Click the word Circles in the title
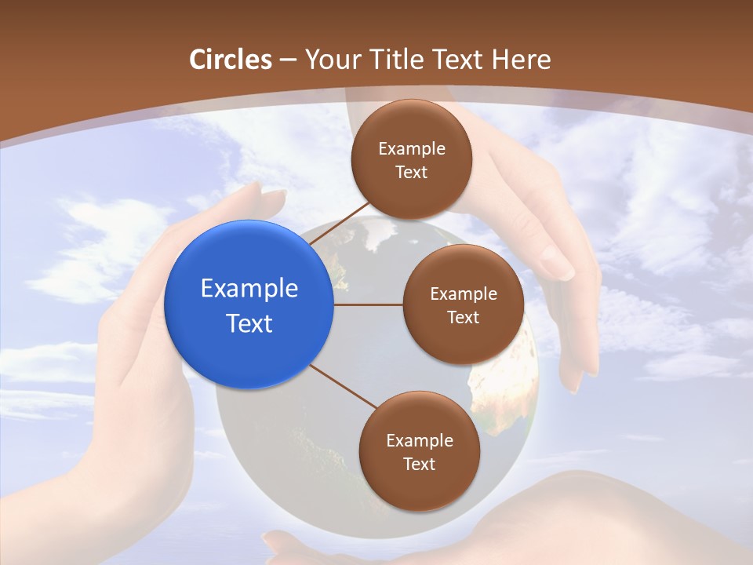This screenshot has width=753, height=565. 231,60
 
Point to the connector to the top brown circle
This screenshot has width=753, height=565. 339,223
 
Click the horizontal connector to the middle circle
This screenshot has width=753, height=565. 368,304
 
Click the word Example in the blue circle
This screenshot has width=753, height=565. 249,289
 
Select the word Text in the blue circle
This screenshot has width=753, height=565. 249,323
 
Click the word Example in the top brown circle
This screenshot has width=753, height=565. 412,149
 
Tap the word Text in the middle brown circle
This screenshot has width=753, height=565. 463,318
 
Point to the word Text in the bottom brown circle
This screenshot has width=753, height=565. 419,465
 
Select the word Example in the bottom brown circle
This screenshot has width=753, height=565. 420,441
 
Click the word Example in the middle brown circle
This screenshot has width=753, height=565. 464,294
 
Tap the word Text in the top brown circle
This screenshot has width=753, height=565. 411,173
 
